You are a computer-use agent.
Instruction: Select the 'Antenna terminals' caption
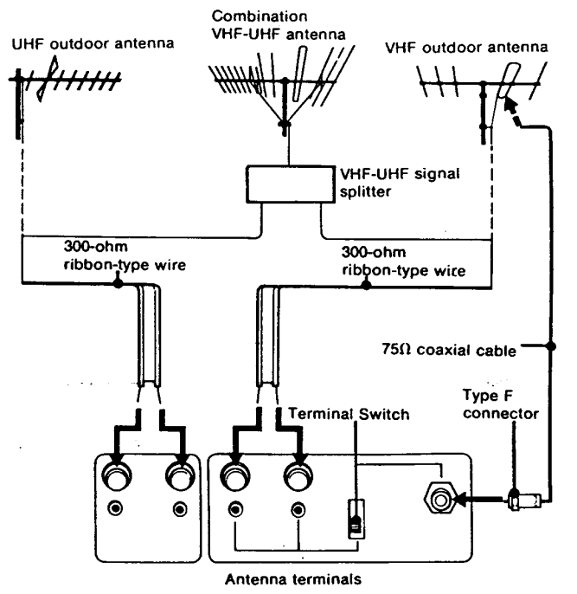pyautogui.click(x=292, y=580)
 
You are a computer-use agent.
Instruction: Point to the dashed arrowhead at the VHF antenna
pyautogui.click(x=510, y=107)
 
